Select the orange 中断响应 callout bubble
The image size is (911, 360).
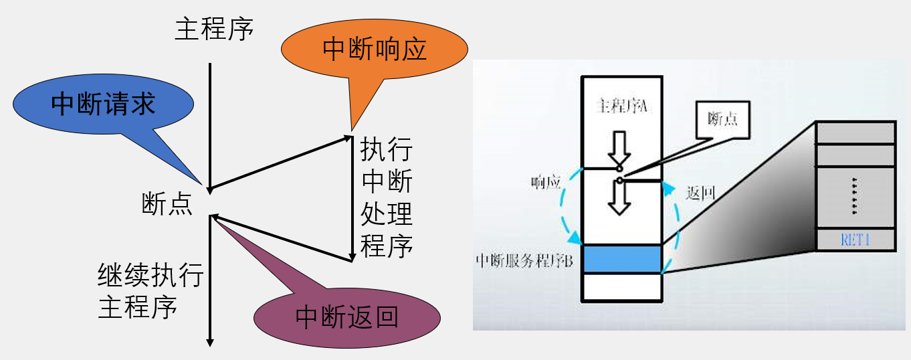[374, 50]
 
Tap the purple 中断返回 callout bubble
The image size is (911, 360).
[347, 317]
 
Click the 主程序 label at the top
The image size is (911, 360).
[214, 29]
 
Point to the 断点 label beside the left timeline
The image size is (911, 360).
[167, 204]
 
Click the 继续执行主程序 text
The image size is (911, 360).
[150, 292]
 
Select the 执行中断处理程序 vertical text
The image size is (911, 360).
[387, 197]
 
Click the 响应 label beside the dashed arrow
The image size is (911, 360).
[546, 183]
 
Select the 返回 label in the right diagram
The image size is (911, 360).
[701, 194]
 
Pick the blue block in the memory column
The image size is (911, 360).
[622, 259]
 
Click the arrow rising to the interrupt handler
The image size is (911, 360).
[281, 163]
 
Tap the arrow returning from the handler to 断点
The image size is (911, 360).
[281, 238]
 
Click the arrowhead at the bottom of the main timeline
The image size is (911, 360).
[210, 341]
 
